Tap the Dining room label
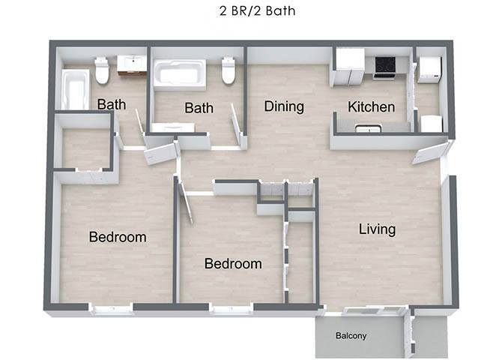click(x=284, y=106)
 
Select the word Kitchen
click(x=371, y=107)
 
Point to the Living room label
click(x=376, y=229)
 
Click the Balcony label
click(x=351, y=336)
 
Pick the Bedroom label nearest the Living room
click(x=233, y=264)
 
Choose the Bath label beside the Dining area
click(x=199, y=108)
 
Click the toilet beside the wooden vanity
click(x=102, y=71)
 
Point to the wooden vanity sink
click(x=132, y=64)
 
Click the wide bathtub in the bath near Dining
click(x=180, y=73)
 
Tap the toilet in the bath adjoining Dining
click(x=229, y=72)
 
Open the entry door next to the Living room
click(x=429, y=154)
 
